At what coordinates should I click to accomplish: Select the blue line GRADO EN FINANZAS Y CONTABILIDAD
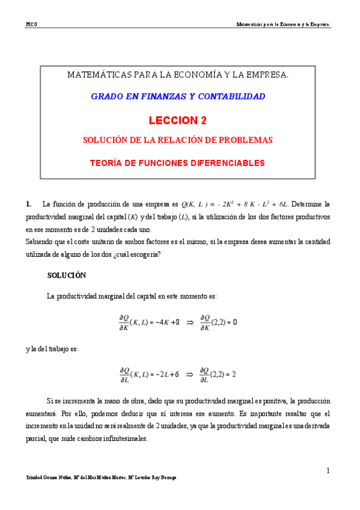tap(177, 96)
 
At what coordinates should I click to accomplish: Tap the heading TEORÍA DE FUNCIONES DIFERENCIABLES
tap(177, 162)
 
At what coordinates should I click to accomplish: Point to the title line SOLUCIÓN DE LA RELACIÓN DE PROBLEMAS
tap(177, 140)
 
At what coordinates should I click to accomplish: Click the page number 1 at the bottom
tap(329, 470)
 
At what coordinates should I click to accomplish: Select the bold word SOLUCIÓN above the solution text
tap(66, 275)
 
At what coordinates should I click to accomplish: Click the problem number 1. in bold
tap(28, 204)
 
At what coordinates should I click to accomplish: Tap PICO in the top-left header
tap(32, 25)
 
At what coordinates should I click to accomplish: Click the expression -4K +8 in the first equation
tap(165, 322)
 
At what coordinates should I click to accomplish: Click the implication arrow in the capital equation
tap(190, 322)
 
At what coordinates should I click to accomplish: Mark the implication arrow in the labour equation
tap(190, 374)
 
